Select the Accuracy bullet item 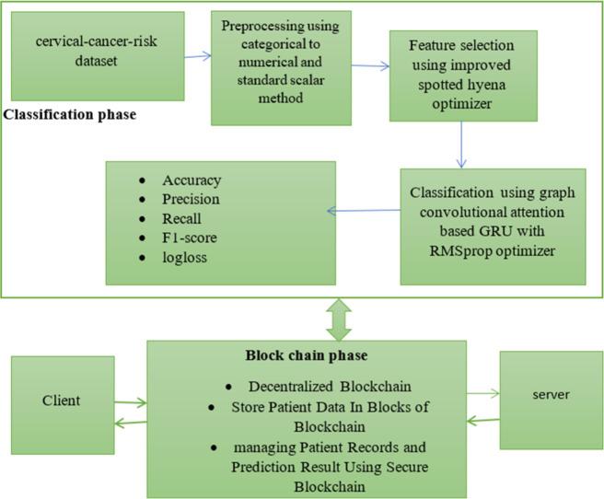pos(192,180)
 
